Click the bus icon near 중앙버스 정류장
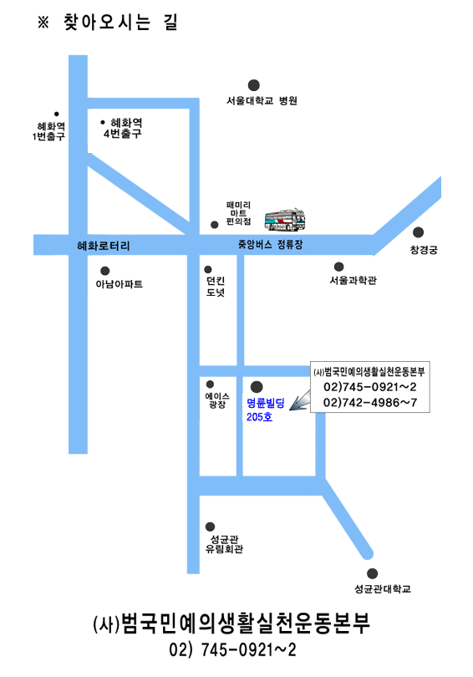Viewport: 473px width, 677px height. [285, 220]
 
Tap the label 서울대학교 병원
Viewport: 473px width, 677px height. [262, 100]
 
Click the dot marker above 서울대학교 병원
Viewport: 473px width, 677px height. [254, 85]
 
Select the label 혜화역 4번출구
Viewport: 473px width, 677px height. [123, 128]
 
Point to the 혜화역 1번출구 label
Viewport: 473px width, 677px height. [48, 131]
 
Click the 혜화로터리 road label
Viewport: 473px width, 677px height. [103, 246]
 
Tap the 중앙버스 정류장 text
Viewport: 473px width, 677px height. [270, 245]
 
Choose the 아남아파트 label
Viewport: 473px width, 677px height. [120, 284]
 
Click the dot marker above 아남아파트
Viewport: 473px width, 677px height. [104, 271]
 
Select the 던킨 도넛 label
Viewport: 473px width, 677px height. [216, 287]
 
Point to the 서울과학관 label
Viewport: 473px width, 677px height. [353, 281]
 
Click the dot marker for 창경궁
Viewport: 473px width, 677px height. [418, 232]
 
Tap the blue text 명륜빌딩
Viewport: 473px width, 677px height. [266, 403]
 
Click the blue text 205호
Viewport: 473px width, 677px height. [259, 417]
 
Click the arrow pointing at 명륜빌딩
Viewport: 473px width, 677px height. [299, 400]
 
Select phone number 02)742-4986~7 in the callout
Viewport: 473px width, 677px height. [370, 403]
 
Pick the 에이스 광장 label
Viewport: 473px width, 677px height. [217, 400]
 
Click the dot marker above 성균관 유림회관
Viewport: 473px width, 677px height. [210, 527]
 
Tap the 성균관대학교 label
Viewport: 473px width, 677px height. [383, 589]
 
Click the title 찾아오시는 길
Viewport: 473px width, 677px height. [120, 23]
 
